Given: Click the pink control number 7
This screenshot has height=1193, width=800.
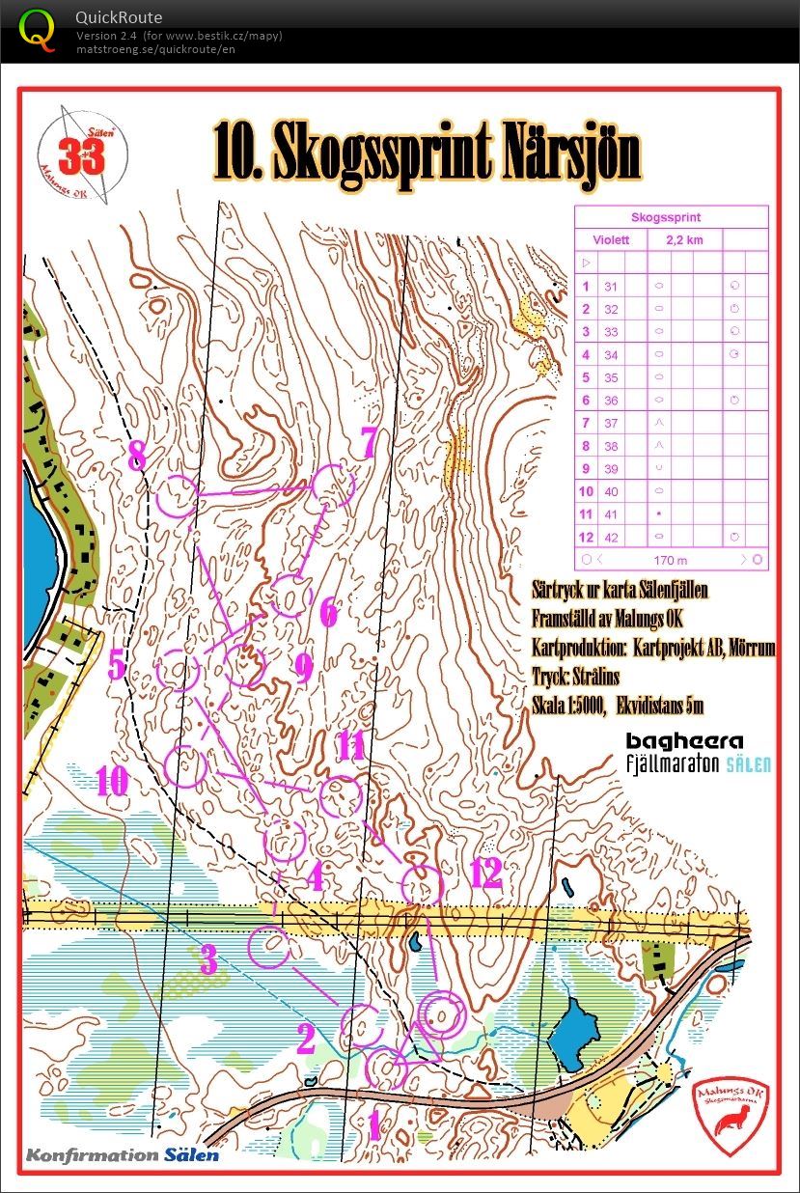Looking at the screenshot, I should click(367, 442).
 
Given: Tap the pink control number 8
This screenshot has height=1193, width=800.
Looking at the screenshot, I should click(138, 455).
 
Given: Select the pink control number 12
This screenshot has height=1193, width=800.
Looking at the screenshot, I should click(485, 874).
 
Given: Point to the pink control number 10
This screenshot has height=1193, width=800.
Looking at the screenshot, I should click(112, 781).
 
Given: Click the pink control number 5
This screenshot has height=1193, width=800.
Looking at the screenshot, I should click(117, 665).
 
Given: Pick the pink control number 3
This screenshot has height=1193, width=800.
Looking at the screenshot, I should click(209, 960).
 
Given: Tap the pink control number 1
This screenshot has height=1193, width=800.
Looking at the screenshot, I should click(373, 1124).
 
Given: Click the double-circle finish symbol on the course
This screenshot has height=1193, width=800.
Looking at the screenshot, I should click(441, 1014).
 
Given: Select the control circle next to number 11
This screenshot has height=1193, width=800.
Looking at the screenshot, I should click(339, 797).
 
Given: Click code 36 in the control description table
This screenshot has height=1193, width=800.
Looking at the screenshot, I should click(611, 401).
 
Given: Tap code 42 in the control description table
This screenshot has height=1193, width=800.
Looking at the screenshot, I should click(611, 537).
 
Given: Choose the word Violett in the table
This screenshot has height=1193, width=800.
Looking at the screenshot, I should click(611, 240).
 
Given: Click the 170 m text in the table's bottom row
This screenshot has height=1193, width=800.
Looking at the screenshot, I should click(670, 559).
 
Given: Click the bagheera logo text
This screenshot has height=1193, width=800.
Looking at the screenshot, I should click(684, 741).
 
